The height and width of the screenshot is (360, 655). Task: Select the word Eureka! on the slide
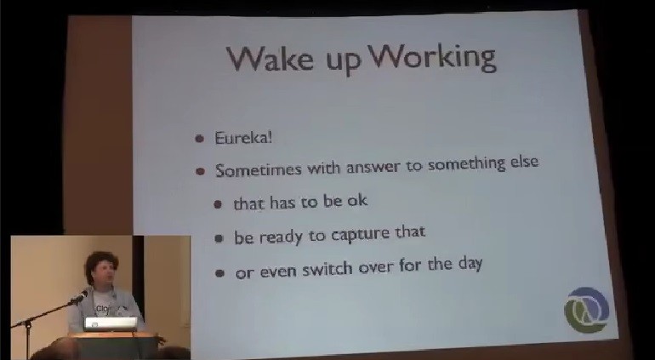(x=243, y=137)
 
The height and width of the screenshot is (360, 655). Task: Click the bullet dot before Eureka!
(x=200, y=138)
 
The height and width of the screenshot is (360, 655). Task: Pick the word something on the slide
(x=467, y=163)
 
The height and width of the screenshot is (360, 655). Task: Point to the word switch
(x=327, y=269)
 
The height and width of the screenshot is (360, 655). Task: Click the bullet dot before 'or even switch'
(x=219, y=273)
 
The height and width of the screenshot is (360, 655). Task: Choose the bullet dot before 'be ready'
(x=219, y=238)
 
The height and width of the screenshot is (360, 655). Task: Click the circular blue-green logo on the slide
(x=586, y=310)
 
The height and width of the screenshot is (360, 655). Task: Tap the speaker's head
(x=101, y=268)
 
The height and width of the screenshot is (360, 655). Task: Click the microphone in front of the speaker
(x=79, y=297)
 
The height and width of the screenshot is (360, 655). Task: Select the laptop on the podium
(x=111, y=324)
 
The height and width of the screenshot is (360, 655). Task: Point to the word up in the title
(x=340, y=61)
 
